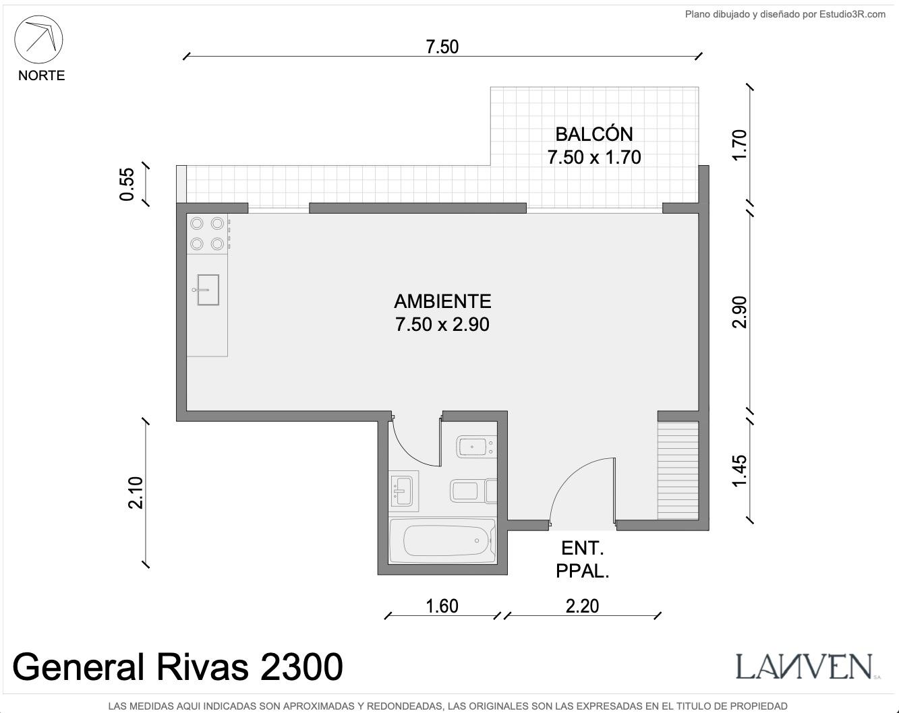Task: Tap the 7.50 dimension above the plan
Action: [442, 46]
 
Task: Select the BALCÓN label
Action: [594, 134]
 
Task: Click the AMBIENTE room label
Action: [442, 301]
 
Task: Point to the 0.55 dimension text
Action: [127, 184]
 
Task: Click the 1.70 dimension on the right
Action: [739, 146]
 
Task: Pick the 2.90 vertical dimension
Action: [739, 312]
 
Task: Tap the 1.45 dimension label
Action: [739, 471]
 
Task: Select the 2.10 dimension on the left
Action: [136, 493]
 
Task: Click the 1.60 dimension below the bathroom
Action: [442, 606]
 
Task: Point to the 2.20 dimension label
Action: [582, 606]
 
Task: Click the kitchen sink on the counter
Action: [208, 290]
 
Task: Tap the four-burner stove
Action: [207, 234]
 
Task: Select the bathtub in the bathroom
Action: [443, 541]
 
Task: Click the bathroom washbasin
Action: [403, 491]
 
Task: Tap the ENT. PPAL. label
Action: [582, 560]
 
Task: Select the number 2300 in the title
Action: [301, 667]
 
